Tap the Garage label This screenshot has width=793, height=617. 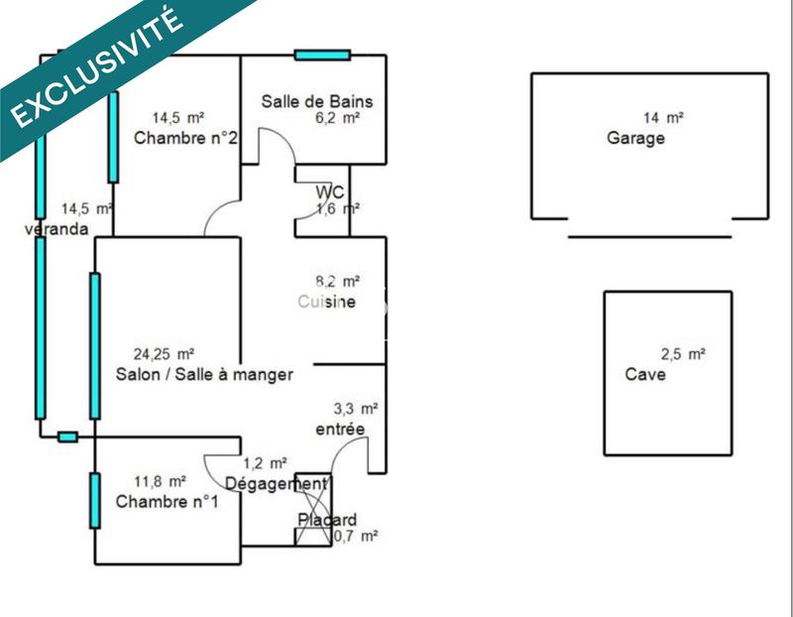(x=635, y=139)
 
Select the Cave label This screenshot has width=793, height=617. (x=645, y=375)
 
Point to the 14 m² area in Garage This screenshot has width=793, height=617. (x=664, y=117)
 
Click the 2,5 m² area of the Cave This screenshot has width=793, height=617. (x=683, y=354)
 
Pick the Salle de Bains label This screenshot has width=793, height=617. (x=309, y=101)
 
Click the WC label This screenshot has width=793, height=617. (x=330, y=190)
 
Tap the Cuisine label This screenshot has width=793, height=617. (x=326, y=302)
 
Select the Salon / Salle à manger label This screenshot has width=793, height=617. (x=204, y=374)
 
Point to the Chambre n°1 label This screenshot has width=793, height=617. (x=168, y=502)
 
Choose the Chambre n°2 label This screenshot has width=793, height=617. (x=185, y=138)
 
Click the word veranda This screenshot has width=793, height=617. (x=57, y=229)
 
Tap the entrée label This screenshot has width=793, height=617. (x=340, y=429)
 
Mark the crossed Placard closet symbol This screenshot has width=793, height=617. (x=314, y=509)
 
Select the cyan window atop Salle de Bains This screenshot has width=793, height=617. (x=322, y=55)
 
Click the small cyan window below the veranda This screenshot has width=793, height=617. (x=67, y=436)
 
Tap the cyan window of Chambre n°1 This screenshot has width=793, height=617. (x=95, y=500)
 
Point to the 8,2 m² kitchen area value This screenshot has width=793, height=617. (x=338, y=282)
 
